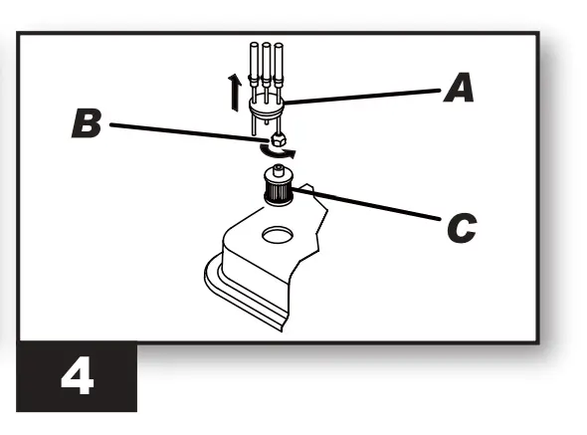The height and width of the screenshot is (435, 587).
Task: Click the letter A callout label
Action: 459,91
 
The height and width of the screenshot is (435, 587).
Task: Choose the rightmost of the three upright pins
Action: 281,70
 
